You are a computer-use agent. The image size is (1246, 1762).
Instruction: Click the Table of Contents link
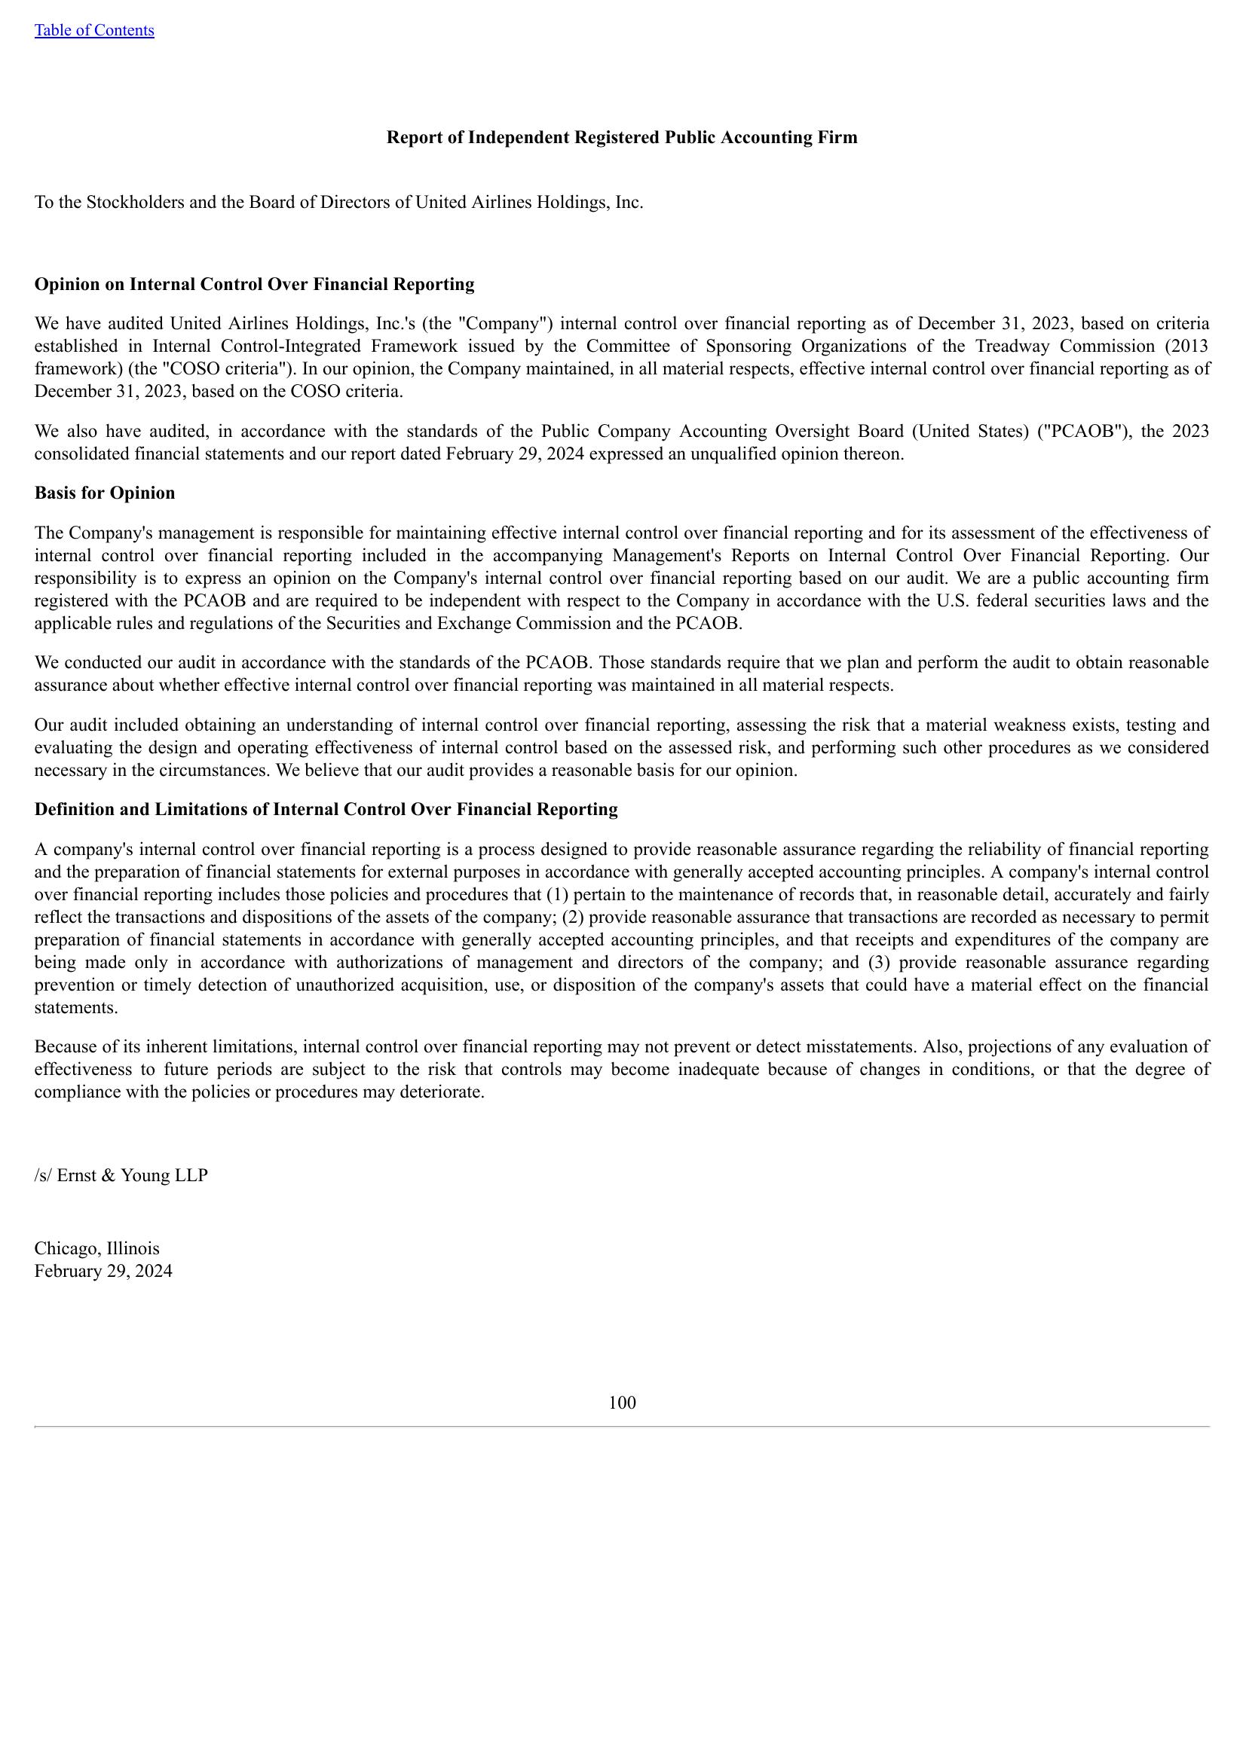(x=93, y=30)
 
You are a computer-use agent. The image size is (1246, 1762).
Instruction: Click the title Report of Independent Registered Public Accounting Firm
(x=622, y=137)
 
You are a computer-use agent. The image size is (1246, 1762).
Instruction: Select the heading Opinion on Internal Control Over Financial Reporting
(x=254, y=285)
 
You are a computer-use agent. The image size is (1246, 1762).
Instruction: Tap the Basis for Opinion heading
(x=105, y=493)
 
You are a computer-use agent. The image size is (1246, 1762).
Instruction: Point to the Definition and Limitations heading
(x=326, y=810)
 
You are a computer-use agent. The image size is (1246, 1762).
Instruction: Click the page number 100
(x=622, y=1403)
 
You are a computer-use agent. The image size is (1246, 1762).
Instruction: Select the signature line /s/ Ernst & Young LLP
(x=121, y=1176)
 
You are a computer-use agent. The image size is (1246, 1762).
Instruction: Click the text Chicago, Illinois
(x=96, y=1248)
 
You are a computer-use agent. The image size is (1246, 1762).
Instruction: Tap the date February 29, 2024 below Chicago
(x=103, y=1271)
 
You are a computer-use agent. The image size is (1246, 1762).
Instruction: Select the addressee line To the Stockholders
(x=338, y=203)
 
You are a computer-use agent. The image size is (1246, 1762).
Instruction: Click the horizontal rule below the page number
(x=622, y=1427)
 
